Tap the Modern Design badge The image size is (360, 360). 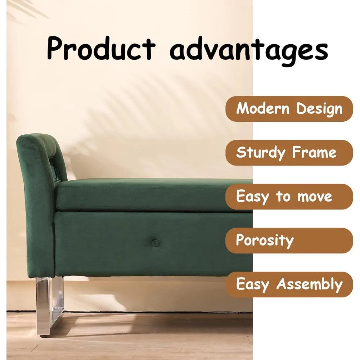click(289, 109)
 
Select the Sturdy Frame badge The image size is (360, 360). click(289, 153)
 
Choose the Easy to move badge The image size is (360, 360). click(289, 197)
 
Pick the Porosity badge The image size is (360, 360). click(289, 240)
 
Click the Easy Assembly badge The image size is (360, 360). click(289, 284)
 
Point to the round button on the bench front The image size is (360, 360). click(155, 243)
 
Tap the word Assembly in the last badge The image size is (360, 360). click(309, 285)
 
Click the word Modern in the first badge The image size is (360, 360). click(262, 108)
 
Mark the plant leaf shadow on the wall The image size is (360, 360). click(151, 108)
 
